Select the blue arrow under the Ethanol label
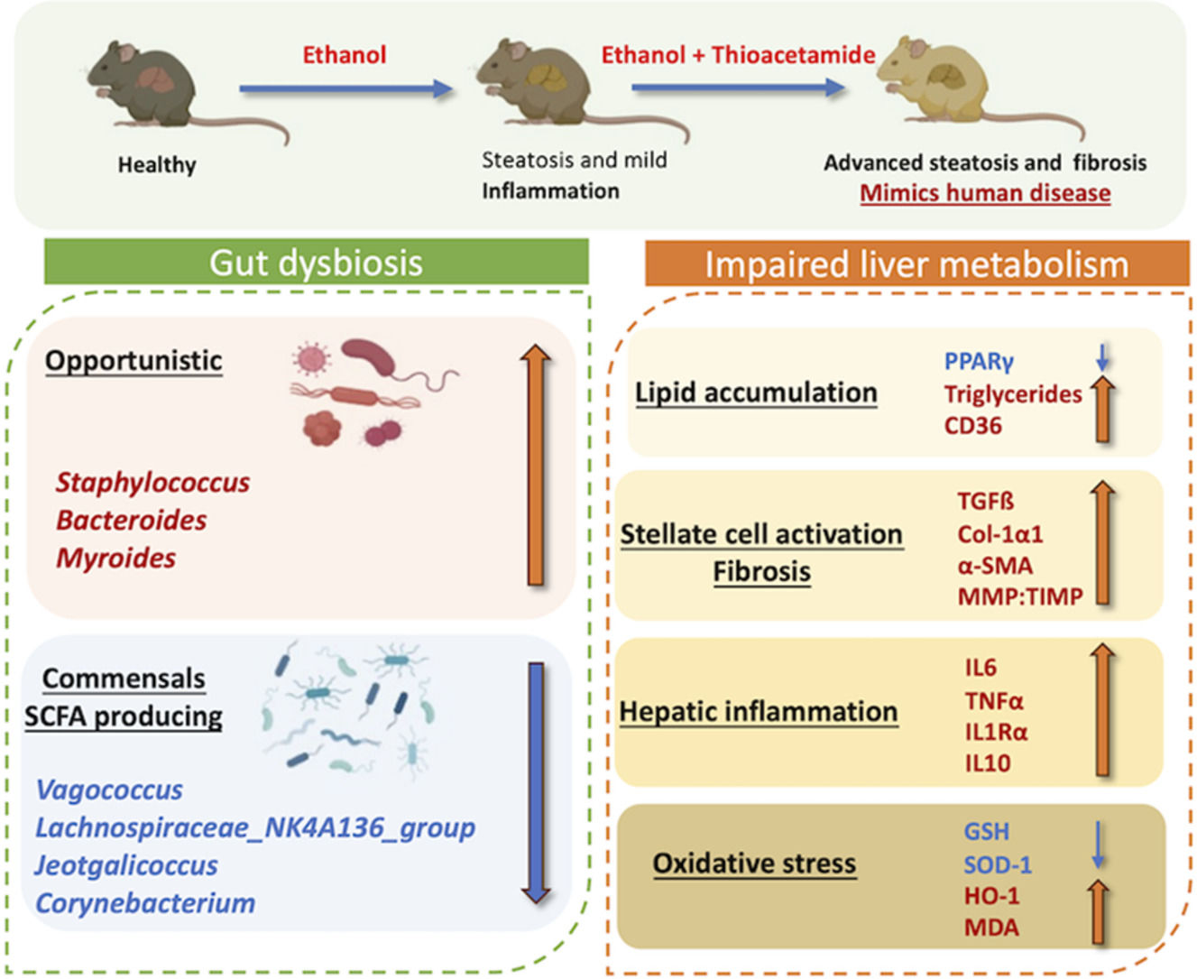(346, 88)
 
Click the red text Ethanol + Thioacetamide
(739, 55)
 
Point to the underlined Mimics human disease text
(985, 193)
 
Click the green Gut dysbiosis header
(316, 262)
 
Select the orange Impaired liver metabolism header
(917, 263)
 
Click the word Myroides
(115, 559)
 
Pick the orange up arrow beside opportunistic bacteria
(536, 465)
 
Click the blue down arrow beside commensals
(536, 783)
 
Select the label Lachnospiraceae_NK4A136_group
(255, 828)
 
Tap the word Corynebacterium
(145, 903)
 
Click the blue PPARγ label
(979, 362)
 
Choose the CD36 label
(972, 426)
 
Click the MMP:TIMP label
(1020, 596)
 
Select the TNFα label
(994, 702)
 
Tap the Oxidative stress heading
(754, 864)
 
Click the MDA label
(991, 928)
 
